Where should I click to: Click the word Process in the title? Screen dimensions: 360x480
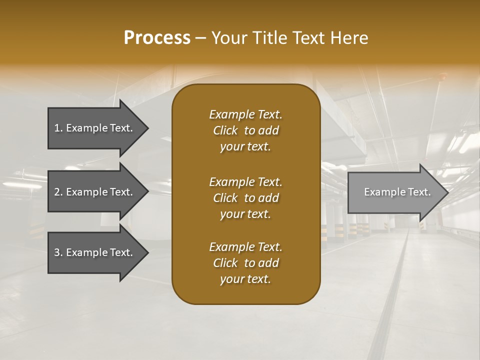click(x=157, y=38)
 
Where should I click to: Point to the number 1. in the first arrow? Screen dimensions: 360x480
click(x=58, y=128)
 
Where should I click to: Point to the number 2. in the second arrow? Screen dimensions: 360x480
click(x=58, y=192)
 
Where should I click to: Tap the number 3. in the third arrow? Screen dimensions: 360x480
click(x=58, y=252)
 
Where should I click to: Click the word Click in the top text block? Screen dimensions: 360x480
click(x=225, y=130)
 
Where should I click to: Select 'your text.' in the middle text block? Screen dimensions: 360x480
click(x=245, y=214)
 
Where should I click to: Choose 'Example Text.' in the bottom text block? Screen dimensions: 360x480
click(x=245, y=247)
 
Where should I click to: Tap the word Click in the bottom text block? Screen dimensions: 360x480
click(x=225, y=263)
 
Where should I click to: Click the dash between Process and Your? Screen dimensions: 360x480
click(x=200, y=38)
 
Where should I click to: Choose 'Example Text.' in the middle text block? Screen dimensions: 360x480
click(x=245, y=182)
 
